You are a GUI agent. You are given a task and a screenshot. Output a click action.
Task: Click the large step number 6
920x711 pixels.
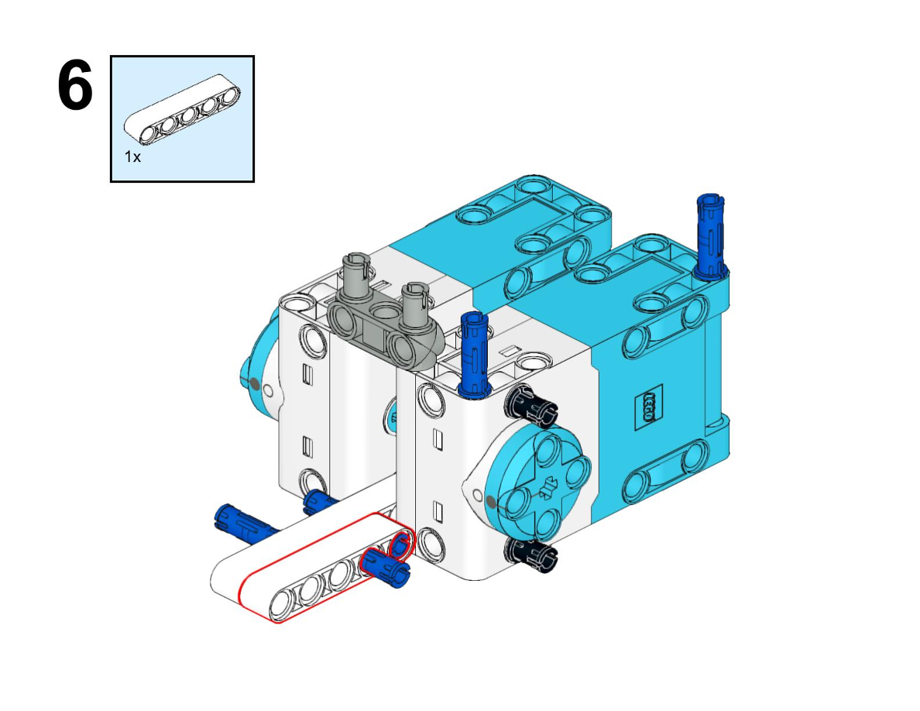(x=75, y=85)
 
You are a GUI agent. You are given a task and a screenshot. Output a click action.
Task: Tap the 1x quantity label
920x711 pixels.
(x=132, y=156)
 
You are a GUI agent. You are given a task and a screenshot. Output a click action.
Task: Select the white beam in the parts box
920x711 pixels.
(x=182, y=108)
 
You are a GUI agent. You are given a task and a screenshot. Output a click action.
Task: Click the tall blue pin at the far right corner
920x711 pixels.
(x=711, y=235)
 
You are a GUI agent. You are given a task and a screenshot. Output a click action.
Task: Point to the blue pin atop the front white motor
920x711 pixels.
(x=475, y=354)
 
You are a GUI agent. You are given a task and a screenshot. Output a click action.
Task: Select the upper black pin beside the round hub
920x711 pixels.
(x=530, y=405)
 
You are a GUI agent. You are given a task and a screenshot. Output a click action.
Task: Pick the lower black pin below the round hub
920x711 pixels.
(x=530, y=555)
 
